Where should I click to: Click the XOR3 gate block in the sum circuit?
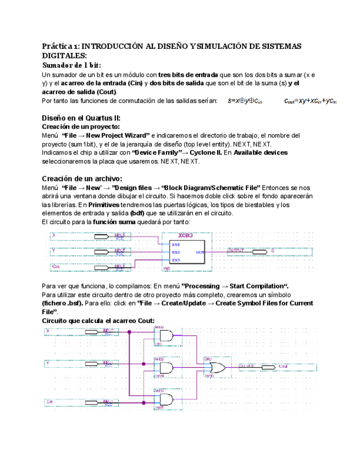pos(184,251)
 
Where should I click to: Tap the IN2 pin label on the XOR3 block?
pos(176,252)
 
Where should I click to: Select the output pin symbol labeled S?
pos(261,251)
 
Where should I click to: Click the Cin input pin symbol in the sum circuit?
pos(104,267)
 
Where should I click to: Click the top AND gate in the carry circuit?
pos(164,335)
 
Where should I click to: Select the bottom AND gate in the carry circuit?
pos(164,399)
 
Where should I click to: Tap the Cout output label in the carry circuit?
pos(284,365)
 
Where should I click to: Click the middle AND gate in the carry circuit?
pos(164,367)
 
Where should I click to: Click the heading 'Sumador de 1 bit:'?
pos(72,65)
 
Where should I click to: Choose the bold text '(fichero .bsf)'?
pos(63,303)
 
